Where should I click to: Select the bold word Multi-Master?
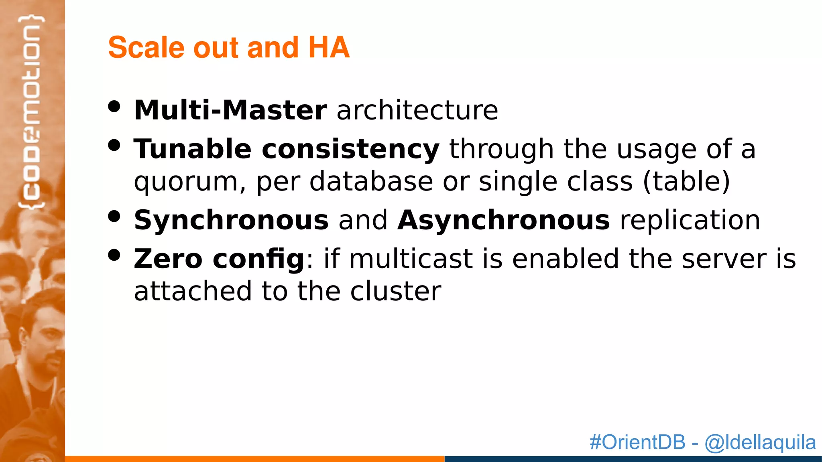point(230,110)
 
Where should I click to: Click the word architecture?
point(417,110)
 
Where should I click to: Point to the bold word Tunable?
point(193,149)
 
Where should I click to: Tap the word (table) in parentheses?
point(686,182)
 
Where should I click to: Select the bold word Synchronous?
point(231,221)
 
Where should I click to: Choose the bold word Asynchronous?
point(504,221)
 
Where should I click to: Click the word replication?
point(690,221)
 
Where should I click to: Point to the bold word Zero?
point(168,259)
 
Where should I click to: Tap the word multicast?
point(411,259)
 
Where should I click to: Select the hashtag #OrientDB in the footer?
point(637,442)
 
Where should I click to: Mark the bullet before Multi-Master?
point(114,107)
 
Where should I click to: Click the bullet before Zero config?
point(114,255)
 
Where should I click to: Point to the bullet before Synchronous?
point(114,217)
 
